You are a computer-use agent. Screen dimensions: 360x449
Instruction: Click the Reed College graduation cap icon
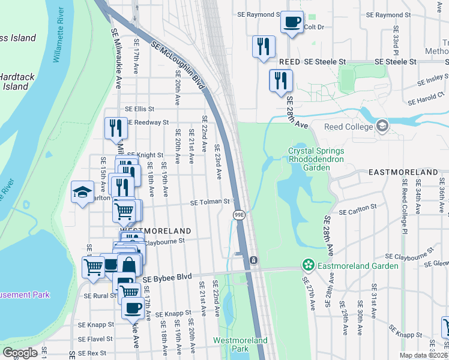[382, 126]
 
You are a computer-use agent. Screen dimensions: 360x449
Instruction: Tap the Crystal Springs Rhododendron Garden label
[309, 160]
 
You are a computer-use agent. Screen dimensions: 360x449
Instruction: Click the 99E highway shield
[238, 214]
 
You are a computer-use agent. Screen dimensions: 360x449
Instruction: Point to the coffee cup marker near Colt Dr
[292, 22]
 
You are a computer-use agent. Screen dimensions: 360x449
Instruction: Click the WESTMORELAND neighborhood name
[155, 230]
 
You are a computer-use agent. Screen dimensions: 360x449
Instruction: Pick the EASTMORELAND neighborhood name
[403, 172]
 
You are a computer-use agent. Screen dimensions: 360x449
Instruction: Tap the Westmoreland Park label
[240, 344]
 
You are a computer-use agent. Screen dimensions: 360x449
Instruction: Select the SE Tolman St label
[210, 202]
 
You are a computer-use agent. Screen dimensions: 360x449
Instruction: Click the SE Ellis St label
[139, 109]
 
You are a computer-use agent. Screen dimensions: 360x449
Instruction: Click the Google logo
[20, 352]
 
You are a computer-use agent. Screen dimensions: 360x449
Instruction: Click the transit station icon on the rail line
[254, 260]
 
